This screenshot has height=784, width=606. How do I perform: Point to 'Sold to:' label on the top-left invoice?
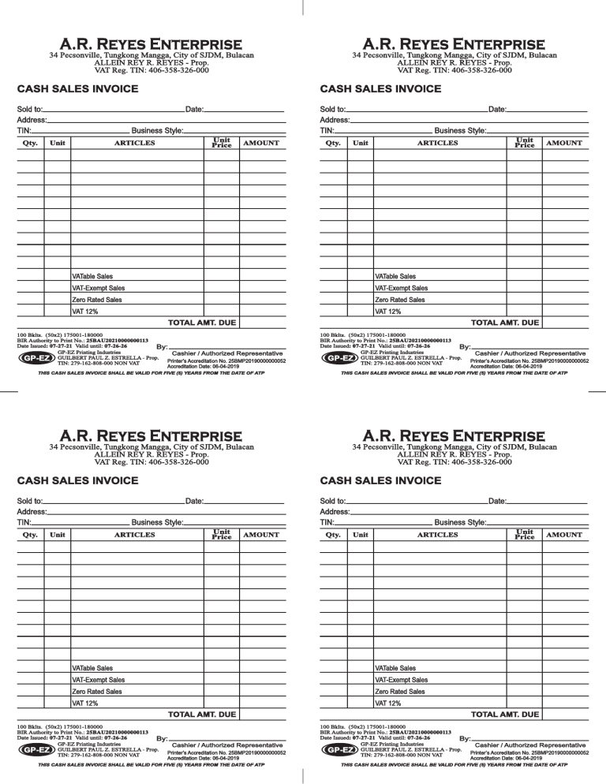coord(30,107)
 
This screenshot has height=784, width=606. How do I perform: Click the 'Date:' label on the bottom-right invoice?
coord(497,500)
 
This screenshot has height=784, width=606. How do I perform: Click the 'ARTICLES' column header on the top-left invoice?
coord(136,143)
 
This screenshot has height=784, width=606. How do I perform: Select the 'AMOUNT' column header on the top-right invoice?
coord(563,143)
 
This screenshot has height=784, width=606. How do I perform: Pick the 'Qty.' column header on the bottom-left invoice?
coord(31,534)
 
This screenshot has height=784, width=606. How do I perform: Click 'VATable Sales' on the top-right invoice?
coord(395,277)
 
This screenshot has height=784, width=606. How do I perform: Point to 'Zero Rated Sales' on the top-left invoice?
coord(97,300)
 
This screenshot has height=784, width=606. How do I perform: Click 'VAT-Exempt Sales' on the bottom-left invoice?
coord(98,680)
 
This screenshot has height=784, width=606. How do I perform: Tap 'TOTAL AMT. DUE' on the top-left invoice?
coord(202,323)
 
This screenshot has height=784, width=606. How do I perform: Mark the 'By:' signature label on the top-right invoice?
coord(464,345)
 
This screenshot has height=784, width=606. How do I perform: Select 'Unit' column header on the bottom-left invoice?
coord(58,534)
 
